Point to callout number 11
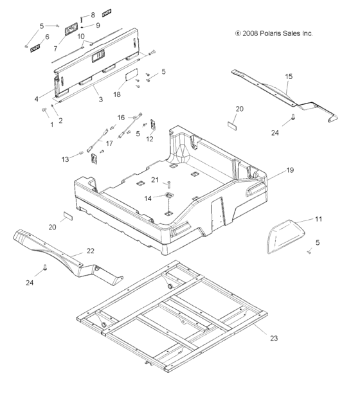click(319, 220)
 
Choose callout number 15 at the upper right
click(289, 76)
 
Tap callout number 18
click(117, 93)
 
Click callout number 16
click(121, 118)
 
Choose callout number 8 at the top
click(93, 14)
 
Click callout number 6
click(46, 37)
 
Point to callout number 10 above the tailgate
click(81, 36)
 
